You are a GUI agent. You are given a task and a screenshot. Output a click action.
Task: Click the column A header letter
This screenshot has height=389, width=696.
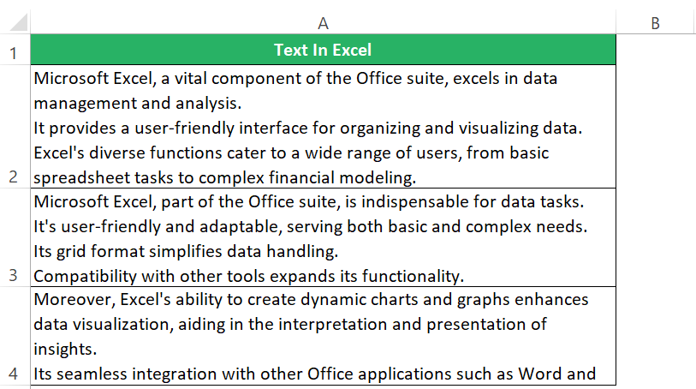[x=323, y=23]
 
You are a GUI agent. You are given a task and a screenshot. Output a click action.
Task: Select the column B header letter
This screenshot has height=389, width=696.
[x=655, y=23]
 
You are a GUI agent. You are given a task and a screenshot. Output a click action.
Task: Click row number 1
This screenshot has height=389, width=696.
[x=14, y=53]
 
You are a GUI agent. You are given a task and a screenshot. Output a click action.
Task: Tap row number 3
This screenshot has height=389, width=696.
[x=14, y=275]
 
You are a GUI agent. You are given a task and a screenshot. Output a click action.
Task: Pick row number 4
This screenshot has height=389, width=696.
[x=14, y=374]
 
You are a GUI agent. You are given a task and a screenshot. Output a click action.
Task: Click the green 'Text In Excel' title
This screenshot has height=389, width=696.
[x=323, y=50]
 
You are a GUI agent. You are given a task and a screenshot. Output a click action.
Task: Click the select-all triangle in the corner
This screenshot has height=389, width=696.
[x=19, y=22]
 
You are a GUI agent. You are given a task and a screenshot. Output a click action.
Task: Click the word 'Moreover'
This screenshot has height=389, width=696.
[x=74, y=300]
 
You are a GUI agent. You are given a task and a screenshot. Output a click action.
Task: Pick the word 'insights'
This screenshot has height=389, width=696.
[x=65, y=350]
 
